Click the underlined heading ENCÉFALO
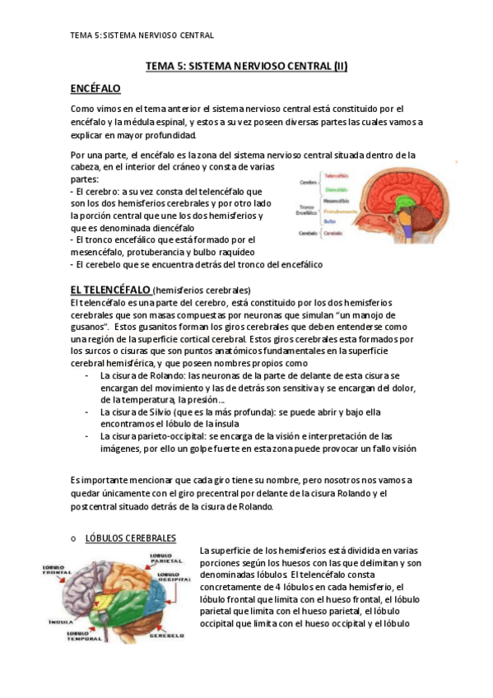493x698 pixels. [x=95, y=88]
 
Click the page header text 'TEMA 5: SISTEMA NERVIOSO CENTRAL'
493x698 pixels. [x=142, y=35]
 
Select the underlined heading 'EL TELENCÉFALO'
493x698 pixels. [x=110, y=290]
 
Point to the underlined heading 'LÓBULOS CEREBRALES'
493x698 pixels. [x=131, y=538]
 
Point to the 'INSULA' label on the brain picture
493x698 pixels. [x=59, y=621]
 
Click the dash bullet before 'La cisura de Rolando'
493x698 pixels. [x=88, y=375]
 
